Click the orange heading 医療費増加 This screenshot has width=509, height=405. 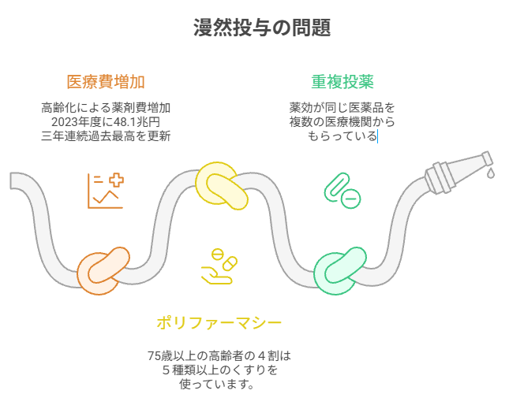106,82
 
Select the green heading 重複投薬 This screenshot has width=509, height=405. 342,82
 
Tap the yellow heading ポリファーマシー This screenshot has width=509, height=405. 219,322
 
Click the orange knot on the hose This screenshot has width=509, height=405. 103,270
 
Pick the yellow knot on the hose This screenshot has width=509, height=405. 222,186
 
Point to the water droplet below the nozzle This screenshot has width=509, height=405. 490,173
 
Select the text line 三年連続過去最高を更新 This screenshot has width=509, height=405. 106,136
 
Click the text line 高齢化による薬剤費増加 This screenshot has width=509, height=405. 106,108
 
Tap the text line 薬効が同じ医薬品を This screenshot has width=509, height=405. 342,108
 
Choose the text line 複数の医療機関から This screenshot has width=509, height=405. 342,122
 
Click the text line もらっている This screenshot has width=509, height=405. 342,136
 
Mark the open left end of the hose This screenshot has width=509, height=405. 15,180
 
